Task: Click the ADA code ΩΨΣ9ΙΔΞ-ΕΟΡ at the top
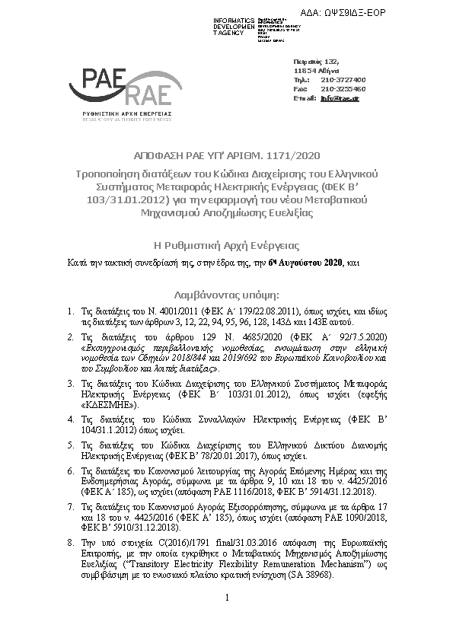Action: point(395,13)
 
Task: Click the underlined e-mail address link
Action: point(339,98)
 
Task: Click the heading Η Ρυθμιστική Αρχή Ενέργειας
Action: point(227,245)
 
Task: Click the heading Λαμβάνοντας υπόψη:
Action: point(227,293)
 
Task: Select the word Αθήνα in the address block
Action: point(327,70)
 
